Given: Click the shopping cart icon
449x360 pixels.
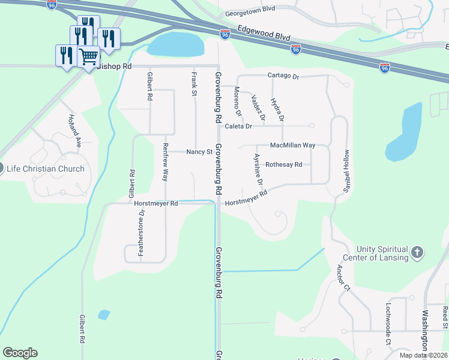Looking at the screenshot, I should tap(88, 56).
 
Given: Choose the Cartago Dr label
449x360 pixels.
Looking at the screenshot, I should tap(283, 76).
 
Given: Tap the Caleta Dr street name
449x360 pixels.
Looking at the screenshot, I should tap(238, 126).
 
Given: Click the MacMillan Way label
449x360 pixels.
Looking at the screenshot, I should tap(292, 145).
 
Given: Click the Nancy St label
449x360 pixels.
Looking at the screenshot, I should tap(199, 152).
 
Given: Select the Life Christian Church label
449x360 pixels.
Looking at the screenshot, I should tap(46, 169).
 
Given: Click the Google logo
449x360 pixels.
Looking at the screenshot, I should tap(20, 353).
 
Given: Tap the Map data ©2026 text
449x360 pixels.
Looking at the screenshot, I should tap(423, 355).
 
